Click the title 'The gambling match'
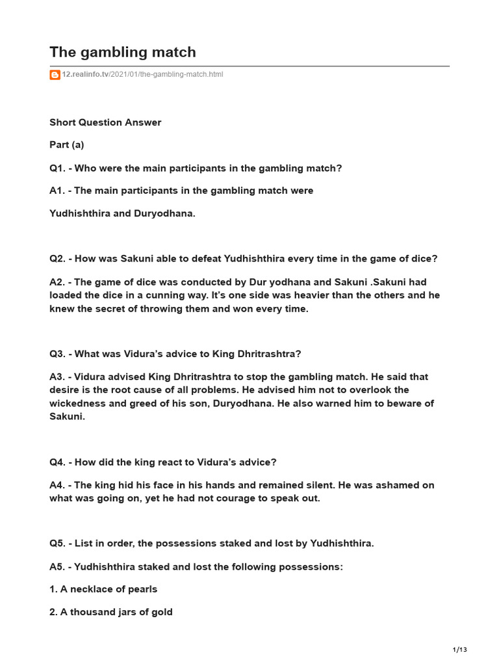(x=123, y=52)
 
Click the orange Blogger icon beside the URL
(x=55, y=75)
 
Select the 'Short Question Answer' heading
(x=105, y=122)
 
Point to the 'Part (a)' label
(x=67, y=145)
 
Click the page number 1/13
(x=459, y=650)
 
